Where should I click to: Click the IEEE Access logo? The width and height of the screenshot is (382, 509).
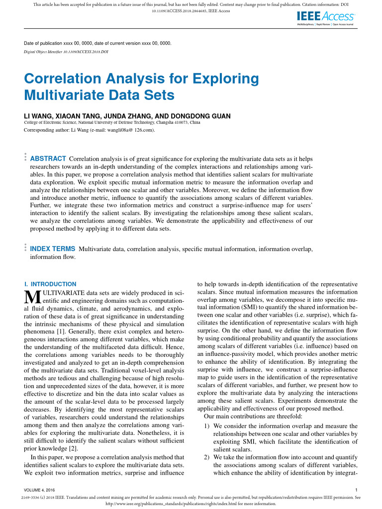coord(325,16)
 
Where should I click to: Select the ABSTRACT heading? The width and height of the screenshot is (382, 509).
coord(48,158)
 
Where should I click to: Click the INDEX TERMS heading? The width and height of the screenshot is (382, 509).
coord(53,249)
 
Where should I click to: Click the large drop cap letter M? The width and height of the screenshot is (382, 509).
coord(29,297)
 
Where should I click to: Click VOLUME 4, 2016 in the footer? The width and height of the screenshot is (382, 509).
coord(43,490)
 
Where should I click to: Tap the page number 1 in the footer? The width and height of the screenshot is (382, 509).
coord(356,490)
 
